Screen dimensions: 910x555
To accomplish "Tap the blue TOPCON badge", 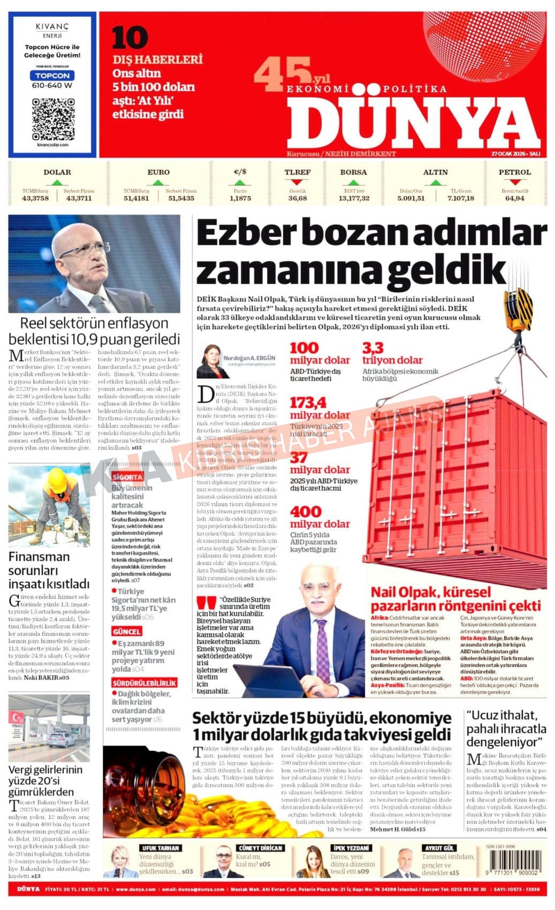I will tap(52, 75).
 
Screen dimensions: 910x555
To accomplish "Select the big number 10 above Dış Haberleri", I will tap(130, 39).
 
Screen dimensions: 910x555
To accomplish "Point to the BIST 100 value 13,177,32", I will tap(354, 198).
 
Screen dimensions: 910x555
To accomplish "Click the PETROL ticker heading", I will tap(514, 172).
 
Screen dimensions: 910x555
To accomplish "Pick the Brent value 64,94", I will tap(514, 198).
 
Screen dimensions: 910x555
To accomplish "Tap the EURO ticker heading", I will tap(158, 172).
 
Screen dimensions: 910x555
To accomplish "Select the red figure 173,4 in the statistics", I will tap(308, 402).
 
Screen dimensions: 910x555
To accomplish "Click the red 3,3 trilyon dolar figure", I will tap(373, 348).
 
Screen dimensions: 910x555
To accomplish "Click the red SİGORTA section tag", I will tap(127, 476).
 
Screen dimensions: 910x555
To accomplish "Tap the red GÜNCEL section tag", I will tap(127, 632).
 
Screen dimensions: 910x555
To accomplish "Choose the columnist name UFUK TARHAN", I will tap(160, 848).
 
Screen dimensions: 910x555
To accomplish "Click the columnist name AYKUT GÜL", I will tap(439, 848).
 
